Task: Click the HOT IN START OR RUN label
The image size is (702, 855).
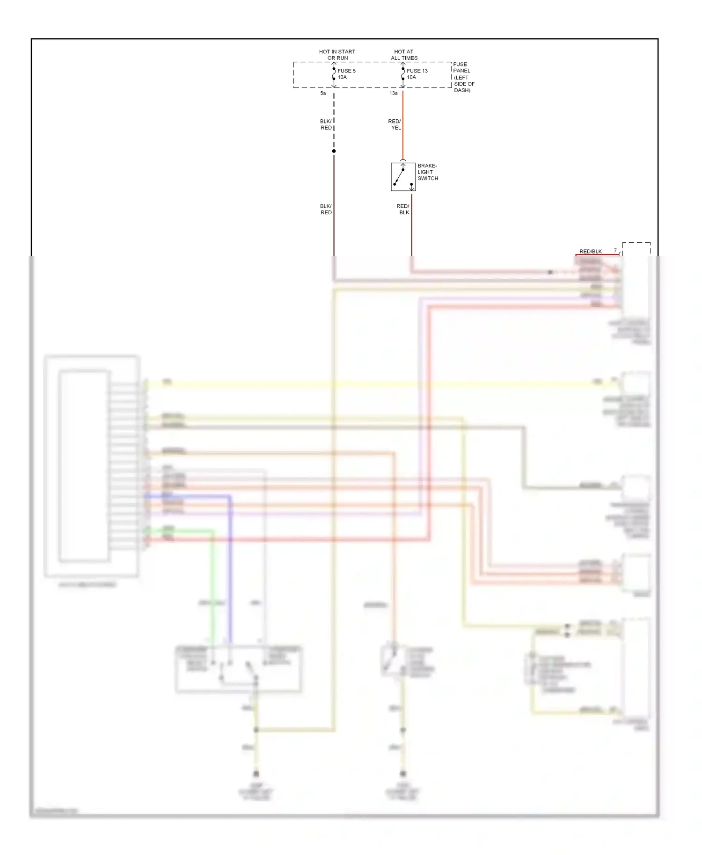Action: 337,55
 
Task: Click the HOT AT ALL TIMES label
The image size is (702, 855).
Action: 404,55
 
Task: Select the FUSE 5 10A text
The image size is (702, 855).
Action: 346,74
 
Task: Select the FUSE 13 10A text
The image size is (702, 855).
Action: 417,74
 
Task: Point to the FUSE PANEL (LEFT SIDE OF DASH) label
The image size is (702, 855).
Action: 464,77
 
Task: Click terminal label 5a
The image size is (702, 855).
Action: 323,94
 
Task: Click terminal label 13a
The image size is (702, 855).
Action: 394,94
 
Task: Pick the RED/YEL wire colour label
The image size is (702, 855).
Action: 395,124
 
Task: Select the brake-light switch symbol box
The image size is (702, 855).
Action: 403,177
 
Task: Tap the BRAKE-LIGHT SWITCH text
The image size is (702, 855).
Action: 427,172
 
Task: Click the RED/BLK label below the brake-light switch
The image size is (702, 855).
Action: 403,209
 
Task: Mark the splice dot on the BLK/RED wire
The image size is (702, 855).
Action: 334,151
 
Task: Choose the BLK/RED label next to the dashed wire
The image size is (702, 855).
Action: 326,124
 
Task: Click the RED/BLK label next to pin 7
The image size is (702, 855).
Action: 590,252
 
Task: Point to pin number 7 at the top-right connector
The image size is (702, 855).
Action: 615,251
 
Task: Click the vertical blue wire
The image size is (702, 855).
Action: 230,561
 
